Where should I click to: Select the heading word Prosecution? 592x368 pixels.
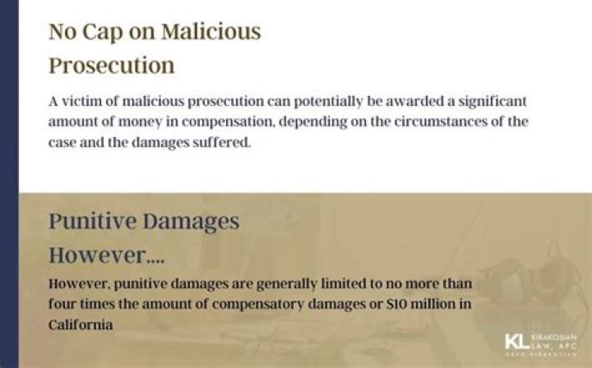(111, 66)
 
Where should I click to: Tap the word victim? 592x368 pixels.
(85, 102)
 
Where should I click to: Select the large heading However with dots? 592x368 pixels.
(106, 255)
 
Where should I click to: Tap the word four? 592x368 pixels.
(63, 304)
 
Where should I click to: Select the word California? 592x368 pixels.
(80, 324)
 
